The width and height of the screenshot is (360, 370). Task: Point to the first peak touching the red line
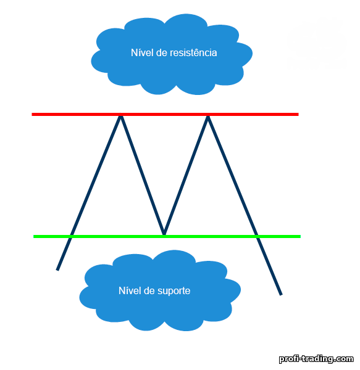click(120, 115)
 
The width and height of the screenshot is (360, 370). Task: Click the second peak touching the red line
click(207, 115)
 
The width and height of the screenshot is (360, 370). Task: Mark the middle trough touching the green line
click(164, 234)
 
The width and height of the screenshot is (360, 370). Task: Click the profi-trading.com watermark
click(316, 359)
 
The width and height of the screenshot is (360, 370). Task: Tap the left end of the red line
click(32, 115)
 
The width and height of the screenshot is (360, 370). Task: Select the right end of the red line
click(298, 115)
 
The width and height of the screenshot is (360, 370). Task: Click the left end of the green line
click(34, 236)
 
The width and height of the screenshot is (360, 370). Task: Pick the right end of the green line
click(301, 236)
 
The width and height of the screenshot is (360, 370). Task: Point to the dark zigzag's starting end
click(57, 269)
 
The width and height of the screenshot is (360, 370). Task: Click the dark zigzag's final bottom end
click(281, 295)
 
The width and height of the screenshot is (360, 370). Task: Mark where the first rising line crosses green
click(70, 236)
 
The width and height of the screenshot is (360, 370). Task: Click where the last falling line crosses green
click(257, 236)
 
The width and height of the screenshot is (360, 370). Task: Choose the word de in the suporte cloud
click(149, 290)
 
